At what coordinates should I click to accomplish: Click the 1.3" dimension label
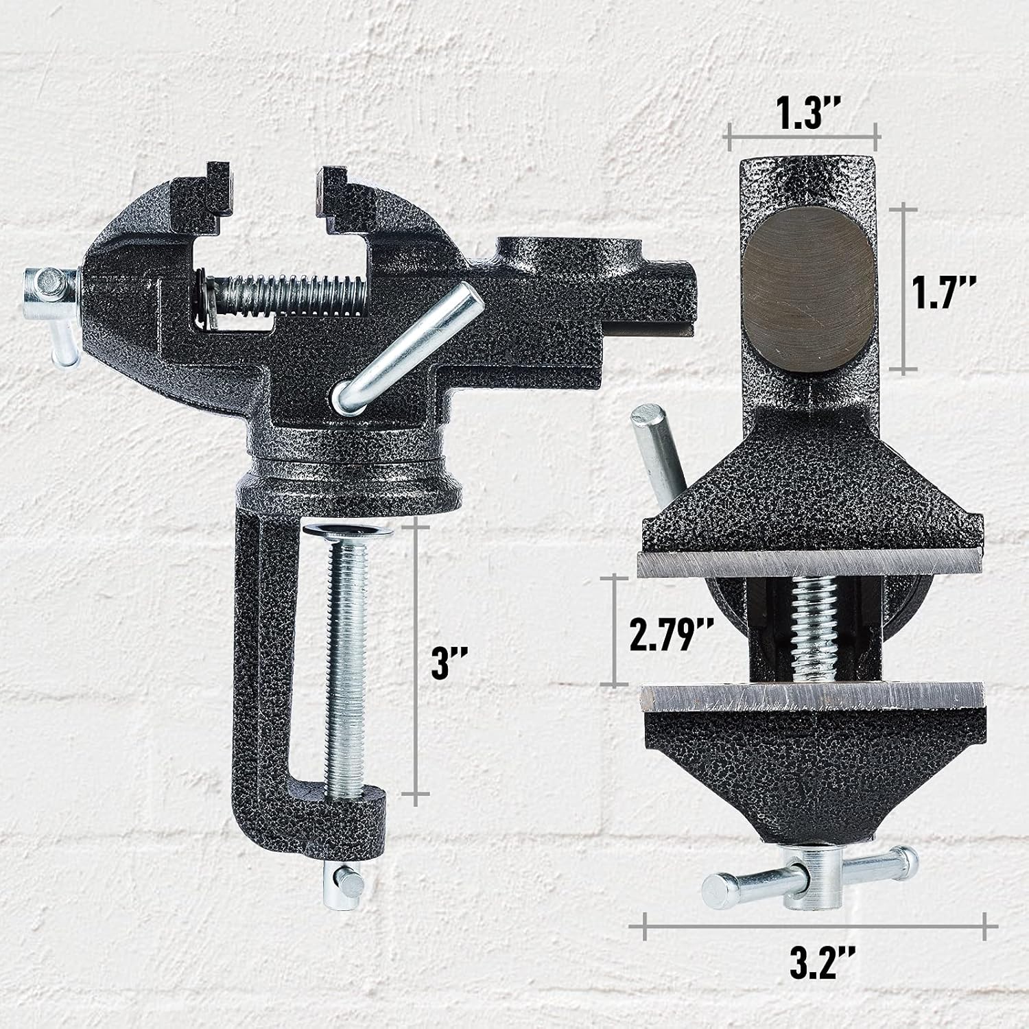803,115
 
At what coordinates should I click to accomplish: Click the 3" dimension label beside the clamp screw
449,663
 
